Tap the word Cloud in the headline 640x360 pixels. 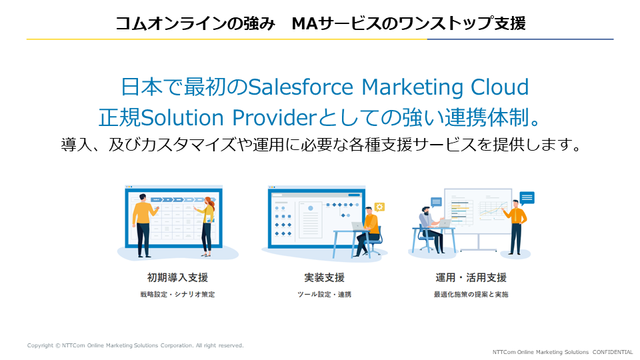[499, 87]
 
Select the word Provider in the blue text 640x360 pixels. [274, 117]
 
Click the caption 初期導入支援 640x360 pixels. [177, 277]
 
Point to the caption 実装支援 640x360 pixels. [324, 277]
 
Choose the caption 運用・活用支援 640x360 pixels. [471, 277]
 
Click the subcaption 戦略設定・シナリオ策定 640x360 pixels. [177, 294]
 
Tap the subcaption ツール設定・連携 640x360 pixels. [324, 294]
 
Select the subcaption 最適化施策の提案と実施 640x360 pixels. [471, 294]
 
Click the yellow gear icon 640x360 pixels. [379, 207]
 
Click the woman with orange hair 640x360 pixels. [207, 227]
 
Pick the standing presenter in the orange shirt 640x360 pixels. [515, 227]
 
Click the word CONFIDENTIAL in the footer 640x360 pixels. [613, 352]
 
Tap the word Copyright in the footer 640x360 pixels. [40, 345]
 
